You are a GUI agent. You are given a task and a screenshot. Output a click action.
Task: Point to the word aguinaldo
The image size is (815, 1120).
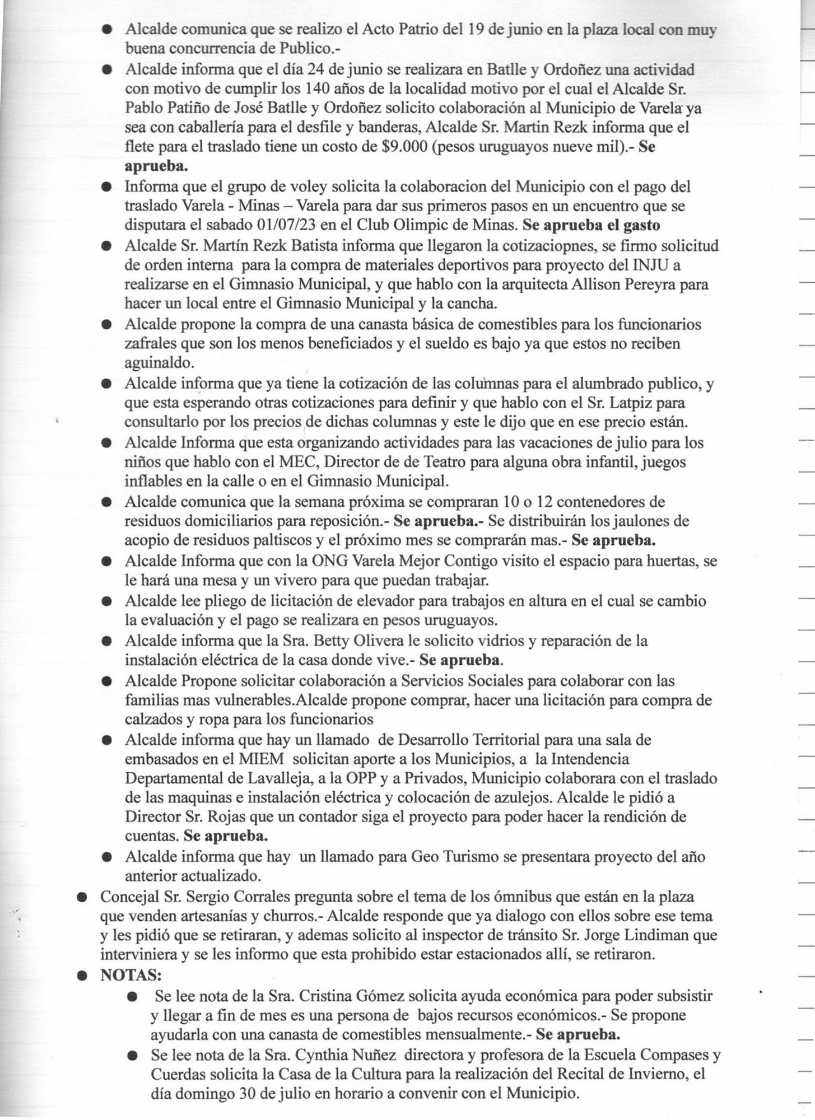pos(160,363)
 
